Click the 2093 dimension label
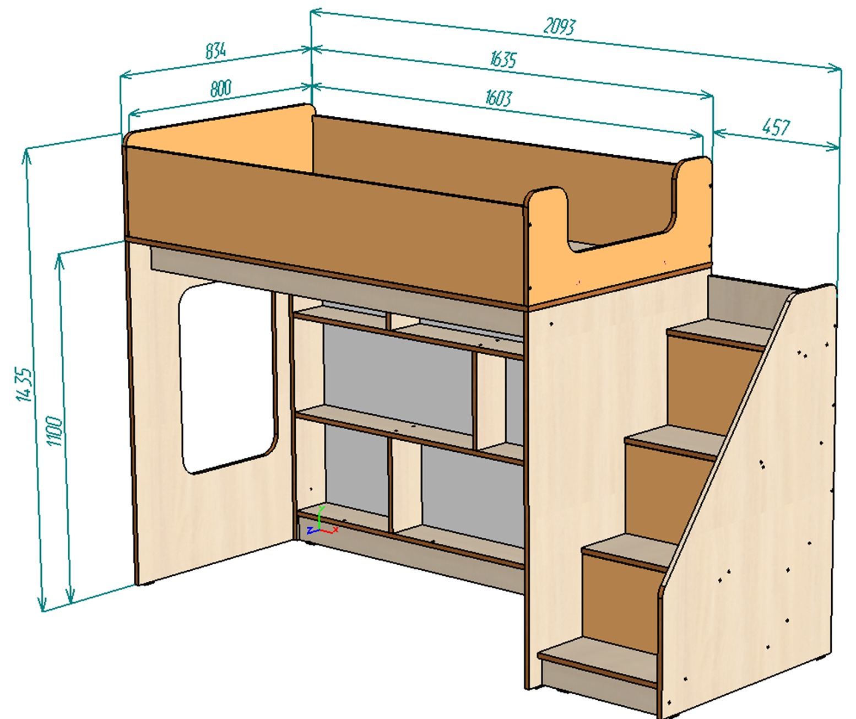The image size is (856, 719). pyautogui.click(x=560, y=26)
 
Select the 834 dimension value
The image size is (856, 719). pyautogui.click(x=215, y=51)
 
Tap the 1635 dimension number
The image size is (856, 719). pyautogui.click(x=503, y=59)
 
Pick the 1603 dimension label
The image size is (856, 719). pyautogui.click(x=498, y=98)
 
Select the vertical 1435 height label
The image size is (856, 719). pyautogui.click(x=24, y=385)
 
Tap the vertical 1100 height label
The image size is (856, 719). pyautogui.click(x=55, y=431)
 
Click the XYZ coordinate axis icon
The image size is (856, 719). pyautogui.click(x=322, y=522)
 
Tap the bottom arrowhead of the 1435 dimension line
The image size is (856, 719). pyautogui.click(x=41, y=604)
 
